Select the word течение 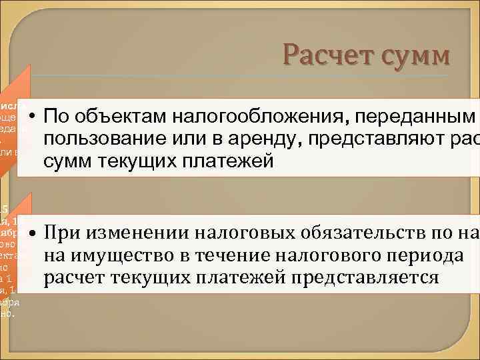(220, 255)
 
